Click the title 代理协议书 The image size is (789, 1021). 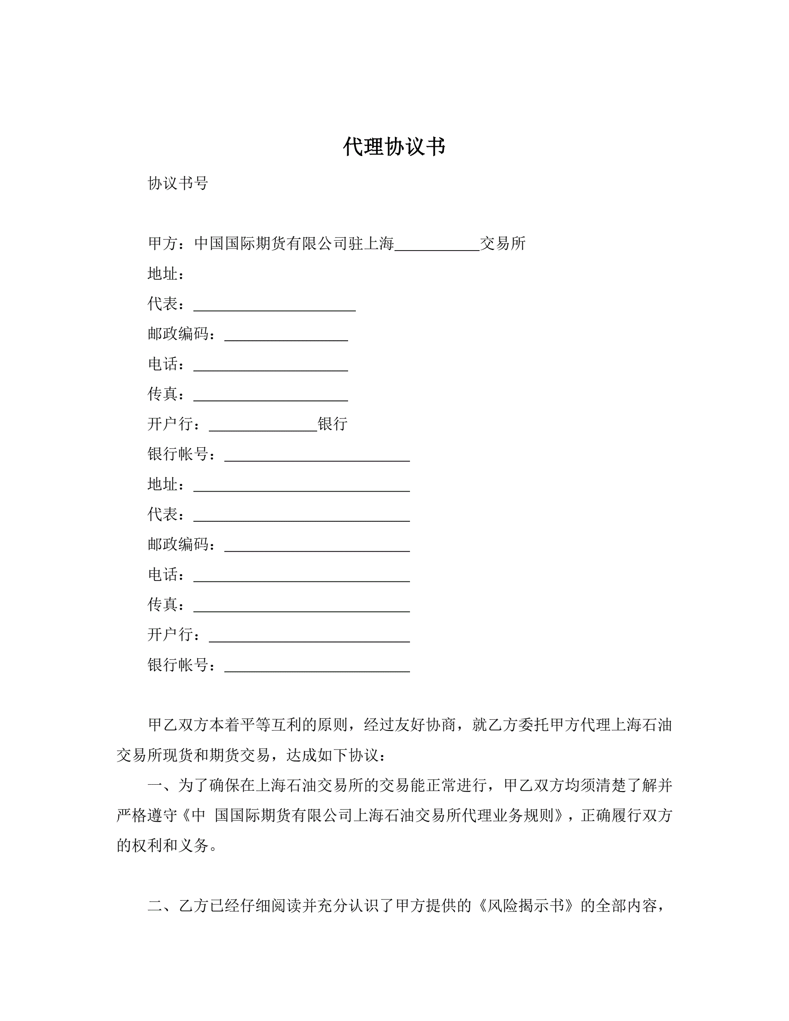click(394, 147)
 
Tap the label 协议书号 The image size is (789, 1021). click(177, 183)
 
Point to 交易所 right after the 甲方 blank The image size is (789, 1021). click(503, 244)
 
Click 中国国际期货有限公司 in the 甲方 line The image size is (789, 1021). click(271, 244)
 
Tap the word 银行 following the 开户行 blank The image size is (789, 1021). click(332, 424)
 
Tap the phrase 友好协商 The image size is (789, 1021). click(426, 725)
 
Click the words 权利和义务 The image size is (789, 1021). click(170, 845)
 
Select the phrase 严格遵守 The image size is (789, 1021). click(147, 815)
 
